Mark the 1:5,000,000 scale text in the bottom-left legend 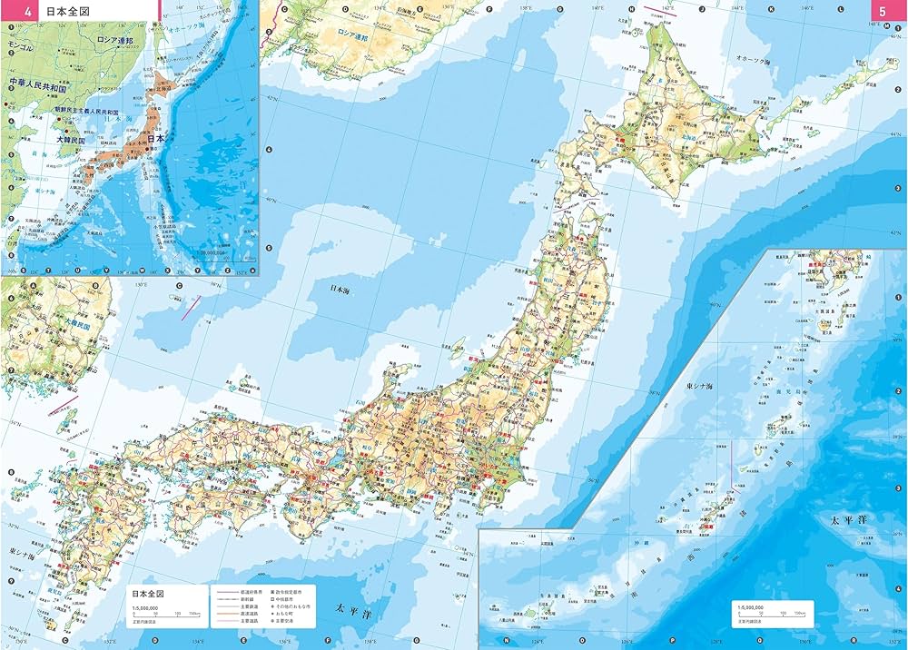click(x=145, y=608)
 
